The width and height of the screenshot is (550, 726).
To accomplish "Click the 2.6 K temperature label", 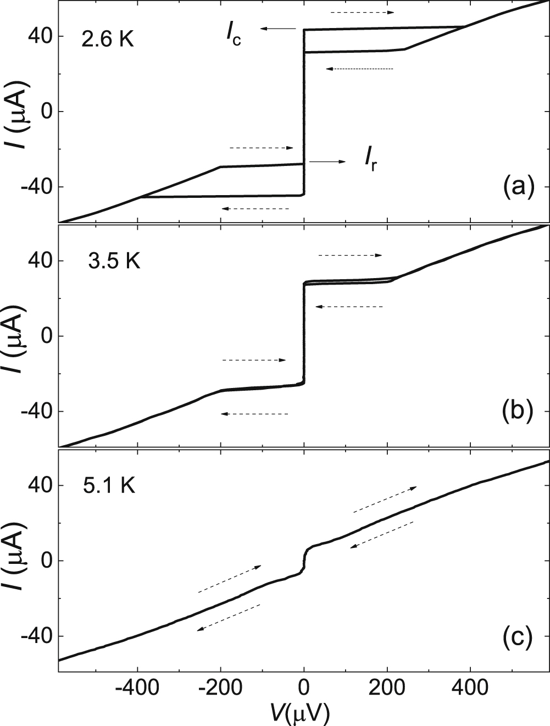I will [107, 40].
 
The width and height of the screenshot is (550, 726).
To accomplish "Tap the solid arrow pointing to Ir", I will [327, 162].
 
